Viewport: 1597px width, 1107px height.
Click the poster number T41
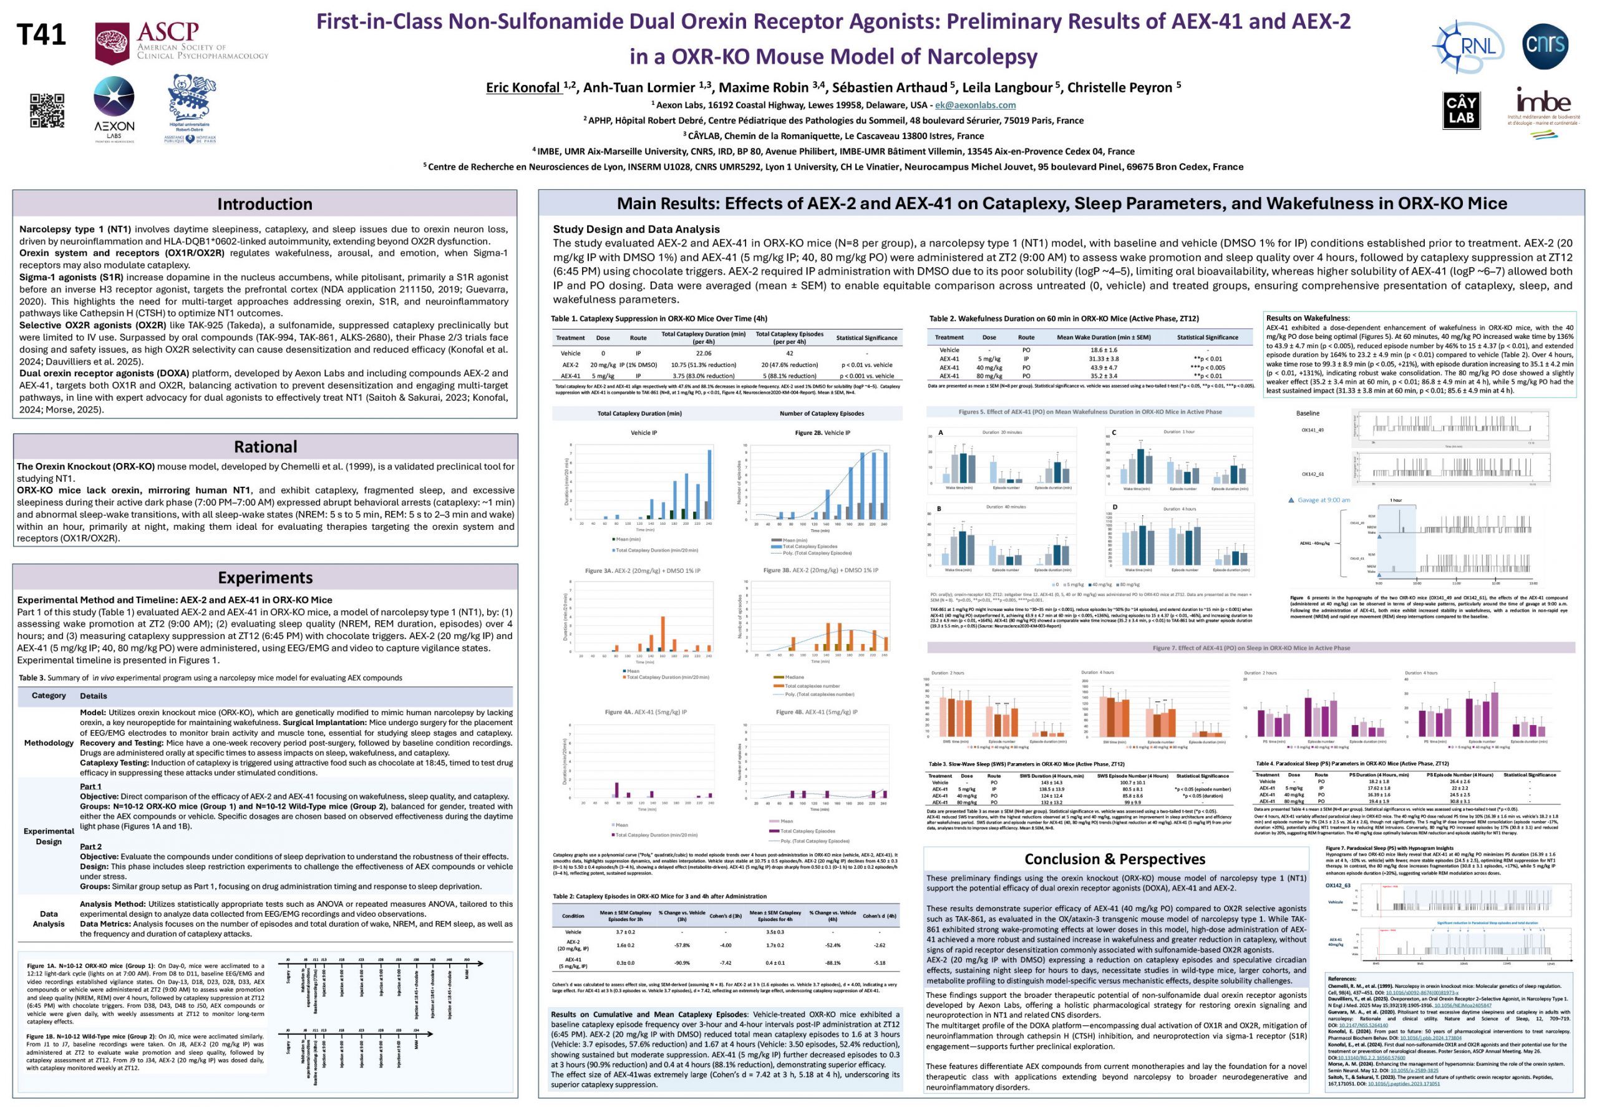tap(41, 35)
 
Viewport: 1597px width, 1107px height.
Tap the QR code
tap(47, 111)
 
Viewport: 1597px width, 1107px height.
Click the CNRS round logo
tap(1545, 45)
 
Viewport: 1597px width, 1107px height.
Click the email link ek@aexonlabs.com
tap(975, 105)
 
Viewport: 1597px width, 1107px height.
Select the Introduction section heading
tap(265, 204)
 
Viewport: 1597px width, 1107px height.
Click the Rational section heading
tap(265, 447)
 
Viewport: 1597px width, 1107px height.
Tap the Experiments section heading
tap(265, 578)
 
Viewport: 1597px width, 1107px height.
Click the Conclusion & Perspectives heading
tap(1115, 859)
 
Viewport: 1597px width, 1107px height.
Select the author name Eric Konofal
tap(523, 87)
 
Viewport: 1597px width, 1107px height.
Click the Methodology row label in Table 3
tap(49, 743)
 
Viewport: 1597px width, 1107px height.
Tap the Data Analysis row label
tap(49, 919)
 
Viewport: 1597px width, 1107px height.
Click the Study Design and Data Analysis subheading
tap(636, 229)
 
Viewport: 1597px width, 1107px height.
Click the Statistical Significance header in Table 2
tap(1207, 337)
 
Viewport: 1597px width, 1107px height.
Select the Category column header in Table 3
tap(49, 696)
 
